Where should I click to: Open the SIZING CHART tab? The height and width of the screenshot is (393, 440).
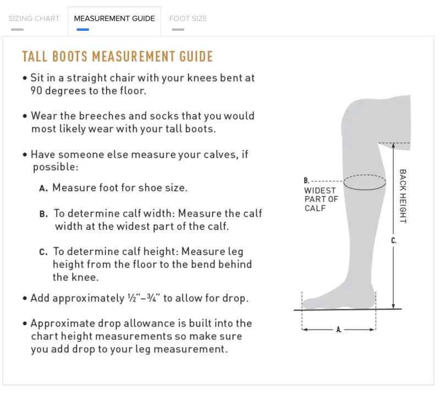click(34, 19)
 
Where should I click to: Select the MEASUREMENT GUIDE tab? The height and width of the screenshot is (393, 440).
click(114, 19)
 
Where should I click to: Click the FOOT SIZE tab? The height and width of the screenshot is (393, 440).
click(188, 19)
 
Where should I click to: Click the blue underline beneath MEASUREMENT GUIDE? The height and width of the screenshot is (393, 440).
click(83, 30)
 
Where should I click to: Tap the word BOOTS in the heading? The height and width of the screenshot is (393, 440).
click(70, 57)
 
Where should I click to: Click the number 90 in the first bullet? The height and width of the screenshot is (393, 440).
click(36, 91)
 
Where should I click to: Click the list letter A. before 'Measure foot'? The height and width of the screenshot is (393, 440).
click(43, 188)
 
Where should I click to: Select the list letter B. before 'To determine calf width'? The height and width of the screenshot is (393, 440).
click(43, 214)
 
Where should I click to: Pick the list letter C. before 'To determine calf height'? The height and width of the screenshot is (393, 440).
click(43, 252)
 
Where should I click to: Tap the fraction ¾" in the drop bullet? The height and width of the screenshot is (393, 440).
click(153, 297)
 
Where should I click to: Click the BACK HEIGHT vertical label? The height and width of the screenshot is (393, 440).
click(403, 196)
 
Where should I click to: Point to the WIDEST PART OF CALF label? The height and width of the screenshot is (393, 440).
click(321, 199)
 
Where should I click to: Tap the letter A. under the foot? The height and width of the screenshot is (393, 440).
click(339, 329)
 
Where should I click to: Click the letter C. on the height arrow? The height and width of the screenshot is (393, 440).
click(394, 240)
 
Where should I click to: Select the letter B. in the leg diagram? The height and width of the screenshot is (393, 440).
click(306, 180)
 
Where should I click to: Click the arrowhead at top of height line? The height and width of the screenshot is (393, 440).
click(393, 145)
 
